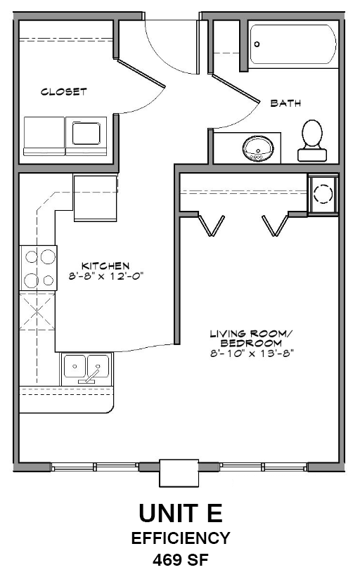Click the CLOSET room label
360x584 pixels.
pyautogui.click(x=63, y=92)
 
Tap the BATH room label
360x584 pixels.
pyautogui.click(x=285, y=103)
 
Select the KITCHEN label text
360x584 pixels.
pyautogui.click(x=105, y=265)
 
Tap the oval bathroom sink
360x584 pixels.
pyautogui.click(x=258, y=148)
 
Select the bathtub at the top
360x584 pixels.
pyautogui.click(x=294, y=46)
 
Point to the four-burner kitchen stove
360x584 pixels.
pyautogui.click(x=39, y=268)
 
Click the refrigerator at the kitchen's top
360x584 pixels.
pyautogui.click(x=94, y=197)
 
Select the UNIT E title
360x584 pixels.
pyautogui.click(x=180, y=514)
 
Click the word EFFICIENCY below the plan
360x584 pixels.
pyautogui.click(x=180, y=539)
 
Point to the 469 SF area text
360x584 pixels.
pyautogui.click(x=180, y=561)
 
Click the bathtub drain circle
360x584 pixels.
pyautogui.click(x=257, y=44)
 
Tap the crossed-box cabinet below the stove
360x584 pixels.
pyautogui.click(x=39, y=310)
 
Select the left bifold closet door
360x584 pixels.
pyautogui.click(x=211, y=226)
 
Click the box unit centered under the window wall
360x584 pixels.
pyautogui.click(x=179, y=472)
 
